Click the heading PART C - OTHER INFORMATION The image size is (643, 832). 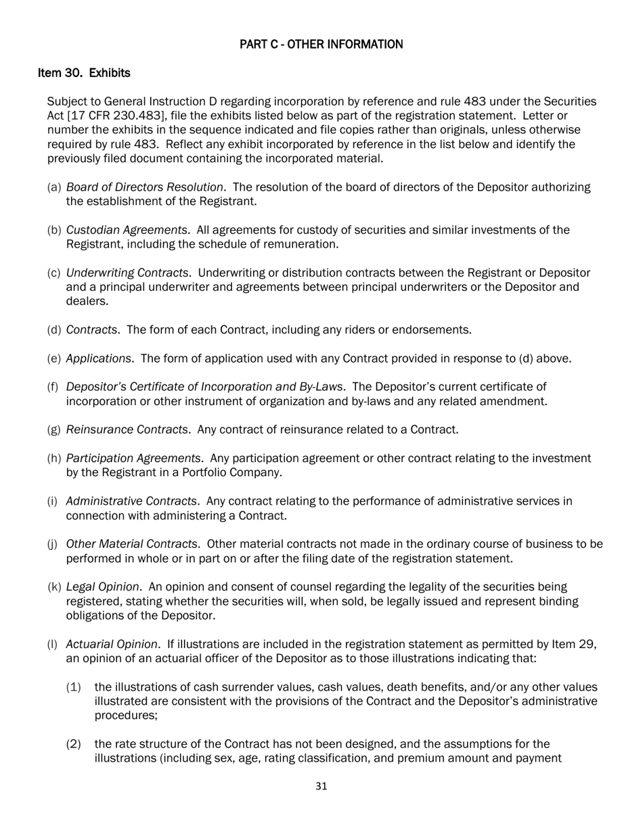[321, 45]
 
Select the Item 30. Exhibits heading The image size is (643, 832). [84, 72]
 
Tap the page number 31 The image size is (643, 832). [321, 786]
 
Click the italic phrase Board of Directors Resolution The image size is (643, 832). [145, 187]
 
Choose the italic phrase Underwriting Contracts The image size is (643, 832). [127, 273]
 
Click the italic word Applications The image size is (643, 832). [99, 359]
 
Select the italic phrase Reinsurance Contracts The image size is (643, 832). [127, 430]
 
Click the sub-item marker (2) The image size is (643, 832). [74, 745]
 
